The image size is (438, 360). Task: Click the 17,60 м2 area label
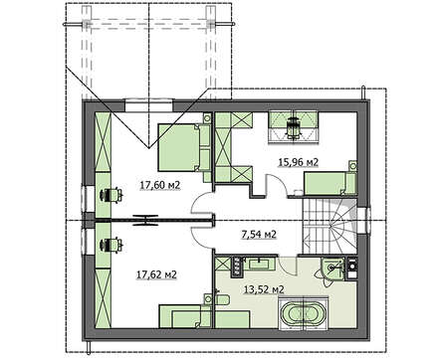(160, 185)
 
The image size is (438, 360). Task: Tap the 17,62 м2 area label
(156, 274)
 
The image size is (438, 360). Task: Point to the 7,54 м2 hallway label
(258, 235)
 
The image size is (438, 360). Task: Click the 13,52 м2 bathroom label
(264, 289)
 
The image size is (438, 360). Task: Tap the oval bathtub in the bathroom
(304, 313)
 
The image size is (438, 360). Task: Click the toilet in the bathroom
(221, 299)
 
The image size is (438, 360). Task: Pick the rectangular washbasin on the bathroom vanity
(259, 264)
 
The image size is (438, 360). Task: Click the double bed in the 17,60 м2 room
(184, 147)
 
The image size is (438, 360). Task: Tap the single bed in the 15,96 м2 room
(330, 183)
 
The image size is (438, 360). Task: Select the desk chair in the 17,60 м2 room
(110, 195)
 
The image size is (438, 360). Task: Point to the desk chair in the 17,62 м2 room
(110, 246)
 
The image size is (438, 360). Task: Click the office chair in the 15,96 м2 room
(294, 127)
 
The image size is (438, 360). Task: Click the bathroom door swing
(286, 266)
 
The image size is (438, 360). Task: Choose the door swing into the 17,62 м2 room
(202, 238)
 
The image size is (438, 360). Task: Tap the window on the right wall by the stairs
(363, 219)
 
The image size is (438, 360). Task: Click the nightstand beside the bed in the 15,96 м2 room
(353, 165)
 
